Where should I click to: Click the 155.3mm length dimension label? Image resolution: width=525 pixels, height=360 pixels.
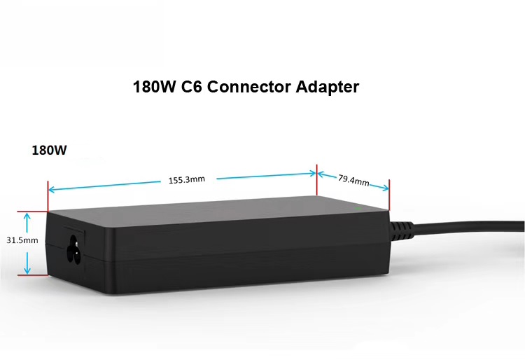pos(186,180)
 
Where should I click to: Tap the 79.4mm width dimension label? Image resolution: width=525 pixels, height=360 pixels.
pos(353,180)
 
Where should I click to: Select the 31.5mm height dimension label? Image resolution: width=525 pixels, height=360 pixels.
pos(22,240)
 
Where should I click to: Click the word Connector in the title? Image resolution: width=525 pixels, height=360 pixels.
pos(248,87)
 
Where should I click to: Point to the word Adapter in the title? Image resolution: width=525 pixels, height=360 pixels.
pos(328,87)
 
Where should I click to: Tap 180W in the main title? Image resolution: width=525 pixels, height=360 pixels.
pos(155,87)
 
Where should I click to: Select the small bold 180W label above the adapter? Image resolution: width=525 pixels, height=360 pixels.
pos(49,150)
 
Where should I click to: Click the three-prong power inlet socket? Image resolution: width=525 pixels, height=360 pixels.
pos(74,249)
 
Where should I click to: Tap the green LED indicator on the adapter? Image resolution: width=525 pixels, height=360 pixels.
pos(358,209)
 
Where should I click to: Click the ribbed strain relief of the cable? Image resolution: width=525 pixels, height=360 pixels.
pos(402,230)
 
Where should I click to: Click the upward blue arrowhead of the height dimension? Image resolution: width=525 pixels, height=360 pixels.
pos(27,216)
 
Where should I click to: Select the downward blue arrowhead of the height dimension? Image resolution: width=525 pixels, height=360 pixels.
pos(27,270)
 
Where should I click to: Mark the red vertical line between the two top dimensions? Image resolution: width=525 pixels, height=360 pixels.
pos(316,180)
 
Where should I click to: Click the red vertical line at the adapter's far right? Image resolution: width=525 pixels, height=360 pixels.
pos(389,195)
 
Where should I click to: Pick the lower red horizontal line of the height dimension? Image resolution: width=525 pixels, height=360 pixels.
pos(33,275)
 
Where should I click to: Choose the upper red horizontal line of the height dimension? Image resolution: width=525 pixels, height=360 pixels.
pos(33,212)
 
